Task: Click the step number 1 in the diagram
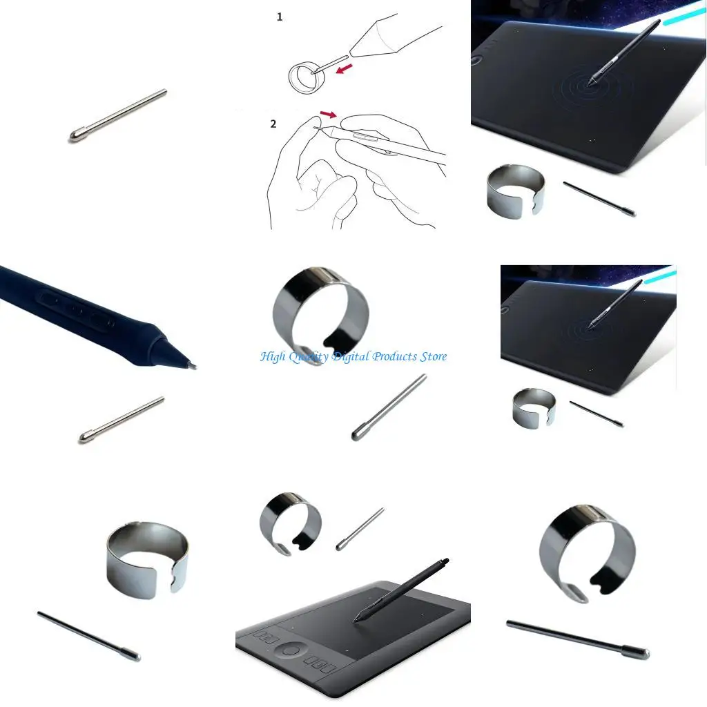(x=280, y=17)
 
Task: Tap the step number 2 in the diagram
(x=273, y=124)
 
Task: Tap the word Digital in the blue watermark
(x=351, y=357)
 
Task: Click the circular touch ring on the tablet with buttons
(x=291, y=651)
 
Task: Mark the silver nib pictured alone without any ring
(x=118, y=115)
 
